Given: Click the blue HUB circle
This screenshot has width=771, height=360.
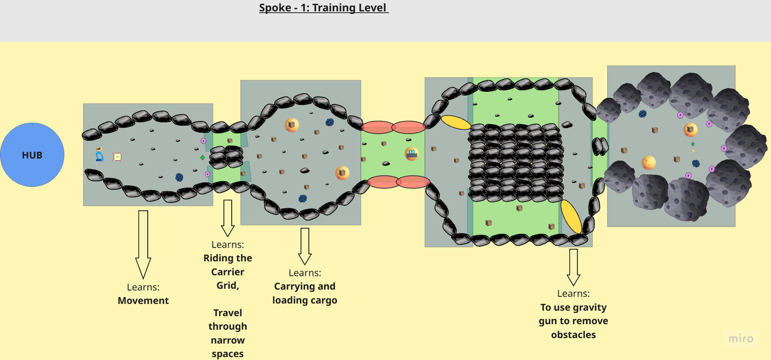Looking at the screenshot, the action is click(x=32, y=155).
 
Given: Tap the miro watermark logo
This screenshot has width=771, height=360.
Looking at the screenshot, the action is click(x=741, y=338).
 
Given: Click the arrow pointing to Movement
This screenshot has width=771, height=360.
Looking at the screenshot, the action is click(x=143, y=244).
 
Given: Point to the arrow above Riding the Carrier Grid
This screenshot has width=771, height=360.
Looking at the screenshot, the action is click(x=227, y=218).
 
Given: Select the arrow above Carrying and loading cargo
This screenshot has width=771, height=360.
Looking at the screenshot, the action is click(x=305, y=246).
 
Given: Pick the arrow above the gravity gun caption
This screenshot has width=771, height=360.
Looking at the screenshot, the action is click(x=573, y=267).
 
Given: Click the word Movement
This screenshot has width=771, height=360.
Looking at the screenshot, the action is click(x=143, y=300).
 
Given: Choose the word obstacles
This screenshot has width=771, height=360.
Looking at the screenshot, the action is click(x=573, y=334).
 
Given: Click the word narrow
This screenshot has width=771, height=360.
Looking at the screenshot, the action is click(x=227, y=340).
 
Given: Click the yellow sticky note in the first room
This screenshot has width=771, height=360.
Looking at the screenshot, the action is click(x=117, y=157).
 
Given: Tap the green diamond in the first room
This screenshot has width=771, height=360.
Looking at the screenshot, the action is click(x=203, y=157).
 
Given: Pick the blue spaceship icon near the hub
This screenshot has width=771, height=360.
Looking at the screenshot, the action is click(x=99, y=155).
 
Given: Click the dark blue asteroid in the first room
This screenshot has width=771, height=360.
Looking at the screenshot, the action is click(x=179, y=177).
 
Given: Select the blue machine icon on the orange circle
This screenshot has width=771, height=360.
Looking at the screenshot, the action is click(x=412, y=154).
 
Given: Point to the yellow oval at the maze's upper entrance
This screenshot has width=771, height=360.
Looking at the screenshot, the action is click(x=456, y=122).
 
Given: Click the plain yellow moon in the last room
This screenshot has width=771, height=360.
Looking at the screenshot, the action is click(x=648, y=163).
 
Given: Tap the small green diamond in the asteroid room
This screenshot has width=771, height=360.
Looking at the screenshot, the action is click(x=693, y=144).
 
